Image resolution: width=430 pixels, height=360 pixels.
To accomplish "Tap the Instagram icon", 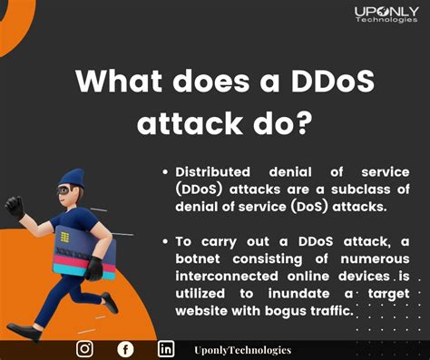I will pos(84,349).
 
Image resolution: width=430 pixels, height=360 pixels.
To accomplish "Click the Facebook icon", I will pos(125,349).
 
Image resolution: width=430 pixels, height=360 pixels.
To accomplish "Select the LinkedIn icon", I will pos(166,349).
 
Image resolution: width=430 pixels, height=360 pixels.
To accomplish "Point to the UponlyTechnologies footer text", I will pos(242,349).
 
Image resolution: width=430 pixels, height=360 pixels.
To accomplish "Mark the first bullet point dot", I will pos(165,172).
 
